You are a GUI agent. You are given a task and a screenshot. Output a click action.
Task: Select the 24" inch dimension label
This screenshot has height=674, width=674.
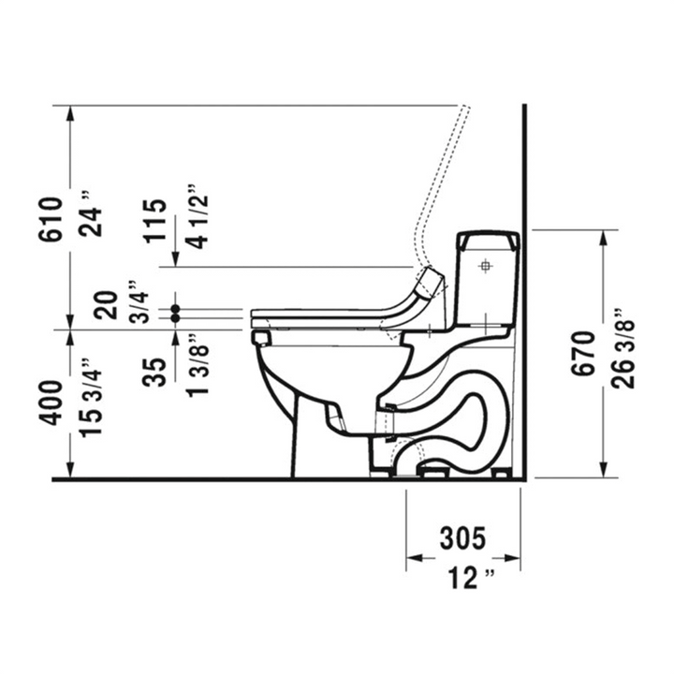pyautogui.click(x=92, y=216)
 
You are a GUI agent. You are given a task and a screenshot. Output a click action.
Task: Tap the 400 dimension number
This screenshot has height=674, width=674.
pyautogui.click(x=51, y=403)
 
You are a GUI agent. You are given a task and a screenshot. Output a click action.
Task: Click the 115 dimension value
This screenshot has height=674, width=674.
pyautogui.click(x=155, y=221)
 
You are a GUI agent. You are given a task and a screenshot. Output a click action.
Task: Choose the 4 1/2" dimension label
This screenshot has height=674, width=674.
pyautogui.click(x=198, y=217)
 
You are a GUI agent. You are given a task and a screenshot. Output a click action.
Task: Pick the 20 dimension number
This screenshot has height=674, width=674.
pyautogui.click(x=106, y=305)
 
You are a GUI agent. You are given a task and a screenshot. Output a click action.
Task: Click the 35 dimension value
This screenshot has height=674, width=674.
pyautogui.click(x=155, y=373)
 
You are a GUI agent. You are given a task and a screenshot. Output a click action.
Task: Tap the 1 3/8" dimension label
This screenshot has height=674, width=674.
pyautogui.click(x=198, y=364)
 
